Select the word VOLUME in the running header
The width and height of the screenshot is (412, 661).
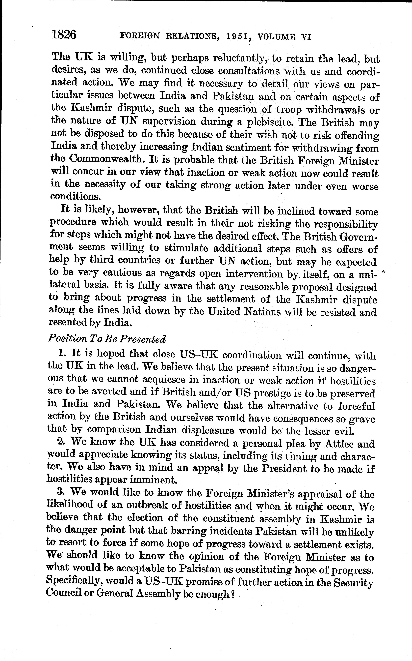[276, 37]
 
